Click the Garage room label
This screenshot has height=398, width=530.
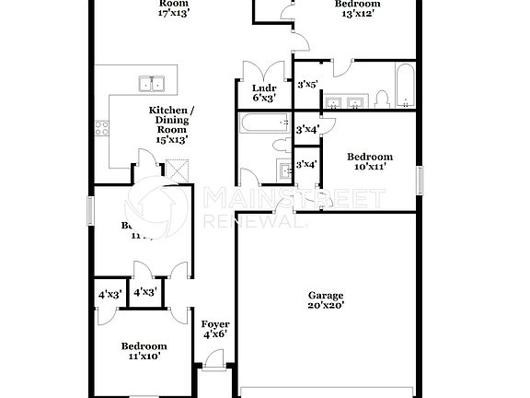[x=326, y=295]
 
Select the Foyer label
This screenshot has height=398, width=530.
[x=215, y=324]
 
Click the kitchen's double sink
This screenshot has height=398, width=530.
[x=152, y=84]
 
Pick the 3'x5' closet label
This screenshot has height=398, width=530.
[x=307, y=85]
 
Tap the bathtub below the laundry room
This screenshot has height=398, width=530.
[x=263, y=124]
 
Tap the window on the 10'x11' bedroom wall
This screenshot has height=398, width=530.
[x=420, y=180]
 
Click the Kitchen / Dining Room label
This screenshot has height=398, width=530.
[x=172, y=119]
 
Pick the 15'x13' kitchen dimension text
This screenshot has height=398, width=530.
[x=172, y=140]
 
